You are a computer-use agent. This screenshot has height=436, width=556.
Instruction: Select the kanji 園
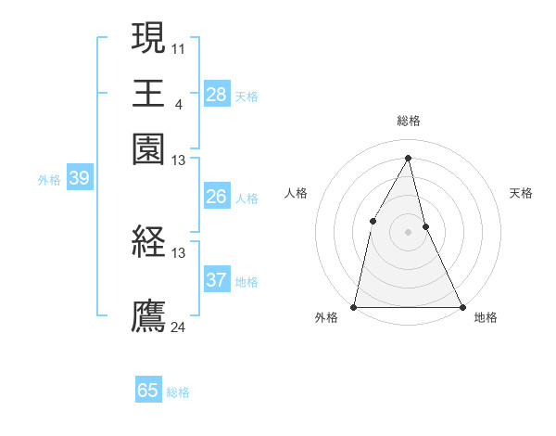click(149, 147)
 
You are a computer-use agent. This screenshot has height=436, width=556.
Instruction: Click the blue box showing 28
click(216, 94)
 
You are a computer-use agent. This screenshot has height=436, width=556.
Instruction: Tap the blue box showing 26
click(216, 197)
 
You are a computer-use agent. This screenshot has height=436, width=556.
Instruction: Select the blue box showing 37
click(216, 280)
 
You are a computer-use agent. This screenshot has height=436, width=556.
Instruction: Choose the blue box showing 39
click(79, 178)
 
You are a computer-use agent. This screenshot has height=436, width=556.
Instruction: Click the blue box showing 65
click(148, 391)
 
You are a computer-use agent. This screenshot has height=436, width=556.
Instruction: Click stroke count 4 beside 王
click(178, 102)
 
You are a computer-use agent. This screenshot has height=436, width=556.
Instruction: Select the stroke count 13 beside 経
click(179, 252)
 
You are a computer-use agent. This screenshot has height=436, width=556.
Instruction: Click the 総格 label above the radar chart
click(409, 121)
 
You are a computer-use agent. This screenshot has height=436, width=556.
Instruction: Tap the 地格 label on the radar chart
click(486, 317)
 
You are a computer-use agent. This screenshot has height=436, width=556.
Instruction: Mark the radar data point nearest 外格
click(355, 306)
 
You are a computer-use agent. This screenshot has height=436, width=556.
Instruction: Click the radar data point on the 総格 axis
click(409, 158)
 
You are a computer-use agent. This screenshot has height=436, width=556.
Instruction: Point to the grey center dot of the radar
click(409, 232)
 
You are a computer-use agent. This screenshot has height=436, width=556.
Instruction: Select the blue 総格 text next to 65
click(178, 392)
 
